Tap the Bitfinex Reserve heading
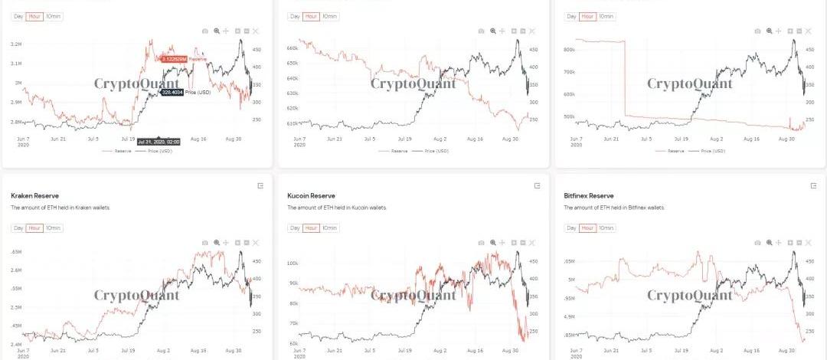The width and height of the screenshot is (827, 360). click(x=590, y=195)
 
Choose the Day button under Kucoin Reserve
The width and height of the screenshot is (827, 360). click(x=295, y=228)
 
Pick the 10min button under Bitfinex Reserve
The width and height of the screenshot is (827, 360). click(x=606, y=228)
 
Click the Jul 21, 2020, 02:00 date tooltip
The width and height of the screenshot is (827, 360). click(x=159, y=142)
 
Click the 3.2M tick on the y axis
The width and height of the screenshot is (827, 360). click(x=16, y=44)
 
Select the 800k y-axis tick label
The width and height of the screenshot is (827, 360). click(x=568, y=50)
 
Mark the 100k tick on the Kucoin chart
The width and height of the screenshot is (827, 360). click(x=291, y=263)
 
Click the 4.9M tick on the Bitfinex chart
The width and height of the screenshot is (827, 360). click(x=569, y=316)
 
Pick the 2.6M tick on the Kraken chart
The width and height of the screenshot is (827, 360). click(x=16, y=270)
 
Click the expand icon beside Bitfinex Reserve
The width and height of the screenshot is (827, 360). click(x=813, y=186)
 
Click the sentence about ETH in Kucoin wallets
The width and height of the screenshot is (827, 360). click(x=337, y=208)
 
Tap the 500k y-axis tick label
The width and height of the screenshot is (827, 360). click(x=568, y=117)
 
